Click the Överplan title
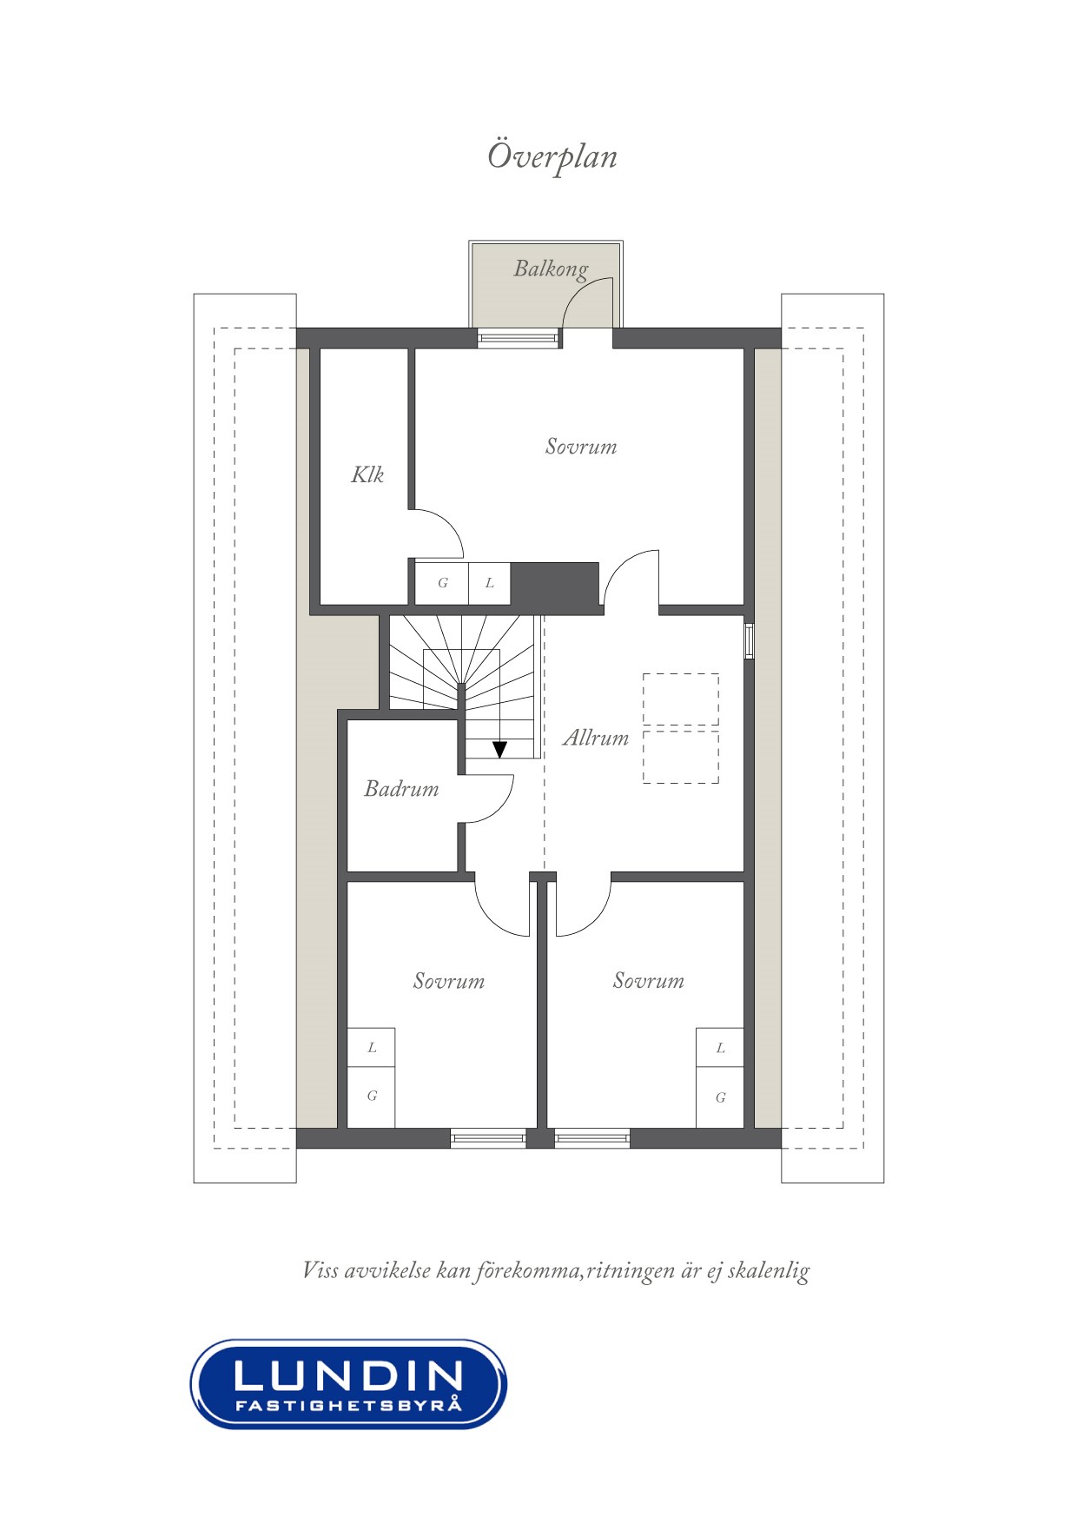tap(552, 157)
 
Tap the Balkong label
tap(551, 269)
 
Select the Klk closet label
tap(367, 474)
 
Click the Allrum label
tap(596, 738)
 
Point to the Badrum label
tap(401, 789)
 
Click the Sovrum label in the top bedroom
tap(581, 447)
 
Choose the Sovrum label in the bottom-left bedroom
tap(448, 981)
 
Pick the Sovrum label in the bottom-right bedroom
tap(648, 981)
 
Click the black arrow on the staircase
tap(499, 748)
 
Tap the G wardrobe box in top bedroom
tap(442, 583)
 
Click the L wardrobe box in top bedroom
tap(490, 583)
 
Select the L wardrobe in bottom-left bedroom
tap(372, 1048)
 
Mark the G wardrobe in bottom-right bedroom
tap(720, 1097)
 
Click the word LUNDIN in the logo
tap(348, 1375)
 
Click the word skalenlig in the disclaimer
tap(769, 1271)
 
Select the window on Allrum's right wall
tap(749, 641)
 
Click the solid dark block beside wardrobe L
tap(555, 584)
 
